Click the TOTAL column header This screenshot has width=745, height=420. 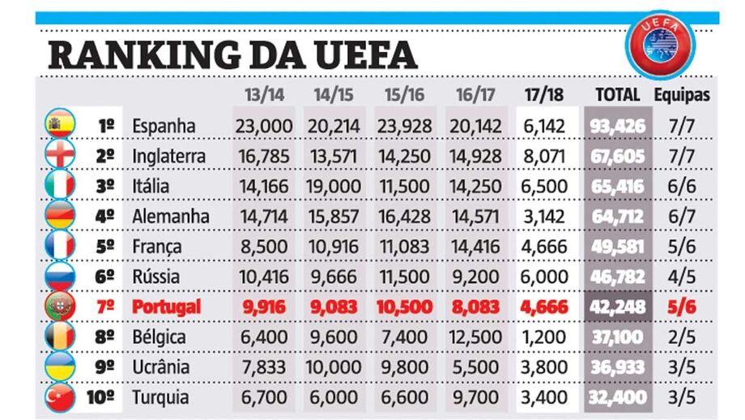[617, 94]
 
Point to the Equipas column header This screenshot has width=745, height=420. [682, 94]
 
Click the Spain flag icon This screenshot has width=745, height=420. [59, 126]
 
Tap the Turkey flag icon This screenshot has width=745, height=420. [59, 397]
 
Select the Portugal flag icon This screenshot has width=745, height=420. [59, 306]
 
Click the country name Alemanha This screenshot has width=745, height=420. [170, 216]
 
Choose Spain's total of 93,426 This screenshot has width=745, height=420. [617, 126]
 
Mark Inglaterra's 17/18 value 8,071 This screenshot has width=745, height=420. [546, 156]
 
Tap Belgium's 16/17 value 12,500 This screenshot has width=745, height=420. [476, 336]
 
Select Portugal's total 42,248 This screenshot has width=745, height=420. [617, 306]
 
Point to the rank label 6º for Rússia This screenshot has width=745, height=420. [105, 276]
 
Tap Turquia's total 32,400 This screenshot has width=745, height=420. [617, 397]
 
